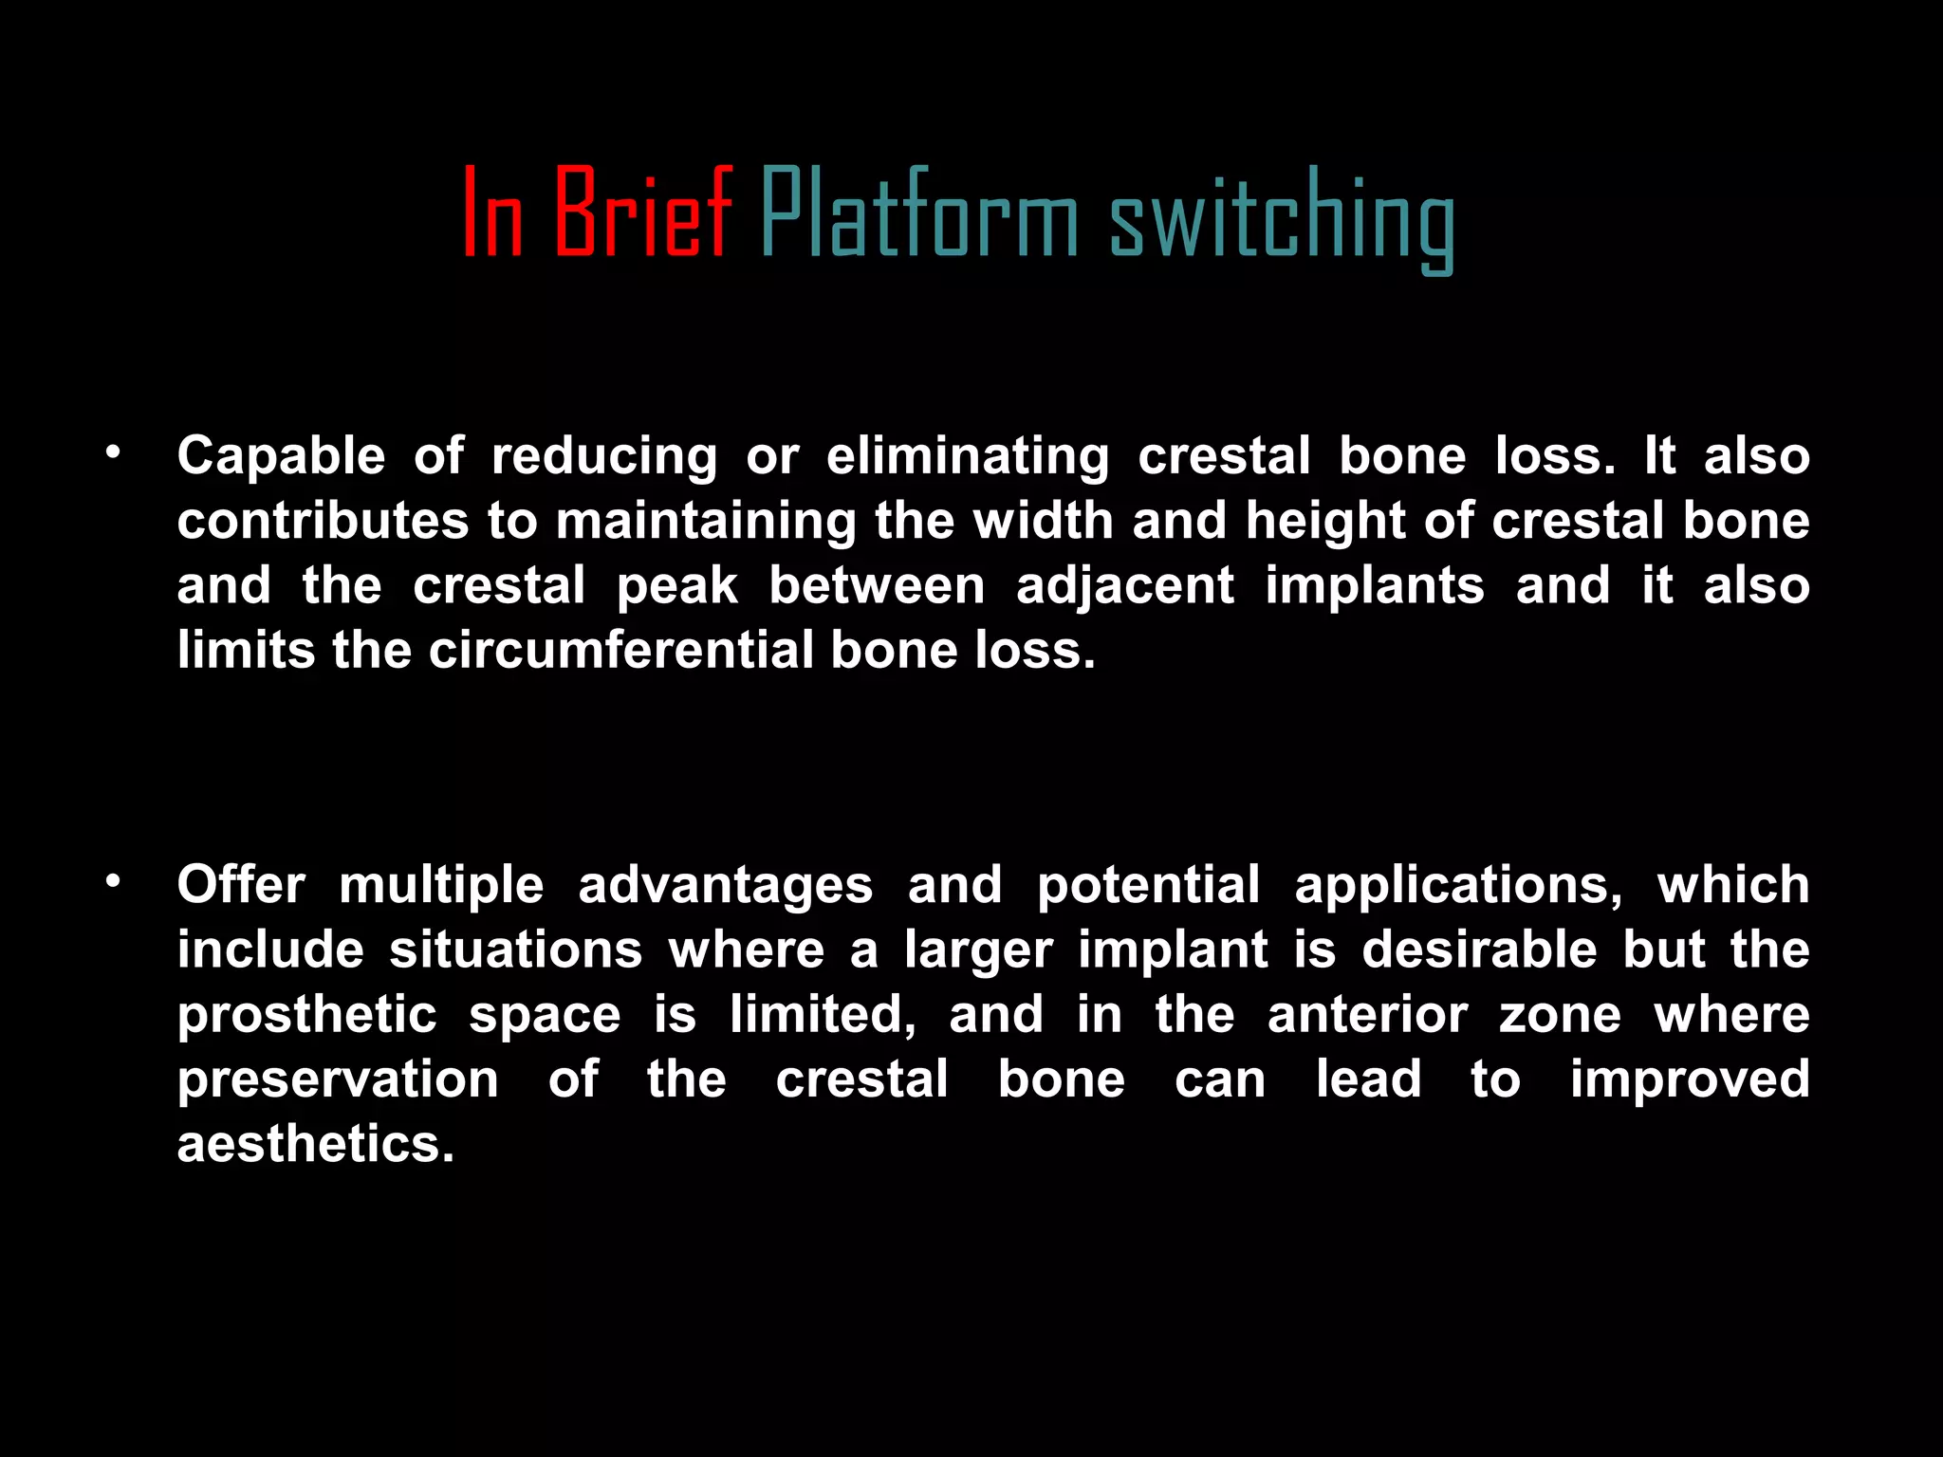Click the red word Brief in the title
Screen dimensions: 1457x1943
click(x=642, y=213)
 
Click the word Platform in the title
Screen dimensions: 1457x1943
click(x=918, y=213)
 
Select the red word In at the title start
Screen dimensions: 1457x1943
click(x=492, y=213)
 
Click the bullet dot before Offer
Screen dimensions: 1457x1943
click(x=114, y=881)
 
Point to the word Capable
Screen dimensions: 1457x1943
click(x=281, y=456)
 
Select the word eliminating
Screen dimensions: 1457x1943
click(x=967, y=456)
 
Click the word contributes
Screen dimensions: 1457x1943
click(x=323, y=521)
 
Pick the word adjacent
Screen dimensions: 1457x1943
click(x=1125, y=586)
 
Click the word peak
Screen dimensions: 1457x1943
click(x=676, y=586)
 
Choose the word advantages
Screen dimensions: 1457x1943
click(x=725, y=886)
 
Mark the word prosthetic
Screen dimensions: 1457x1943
click(x=306, y=1015)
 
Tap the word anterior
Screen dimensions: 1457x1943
click(x=1367, y=1015)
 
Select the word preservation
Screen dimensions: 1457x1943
click(x=338, y=1079)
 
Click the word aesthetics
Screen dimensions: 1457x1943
click(x=315, y=1144)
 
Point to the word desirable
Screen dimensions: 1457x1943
click(x=1479, y=950)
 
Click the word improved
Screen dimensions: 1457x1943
click(x=1689, y=1079)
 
